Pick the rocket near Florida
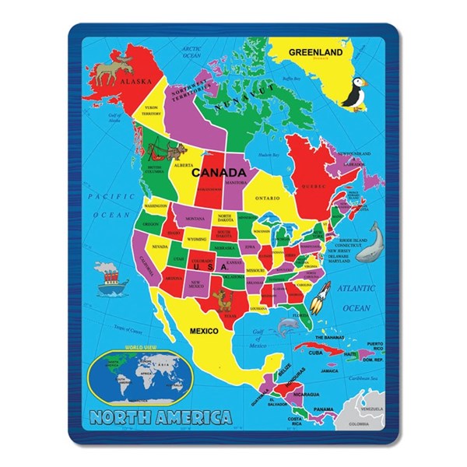pos(319,298)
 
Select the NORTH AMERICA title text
pos(160,416)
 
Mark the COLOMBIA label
pos(360,424)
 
